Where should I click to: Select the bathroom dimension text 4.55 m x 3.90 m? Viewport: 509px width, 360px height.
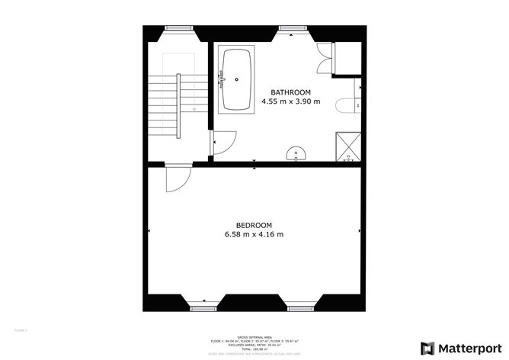pos(291,101)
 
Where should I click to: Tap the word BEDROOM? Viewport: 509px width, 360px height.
pos(254,225)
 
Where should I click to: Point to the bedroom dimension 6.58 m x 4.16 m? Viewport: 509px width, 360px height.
pos(254,234)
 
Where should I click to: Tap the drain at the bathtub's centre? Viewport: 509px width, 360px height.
pos(238,79)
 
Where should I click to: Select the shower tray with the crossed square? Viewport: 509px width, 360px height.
pos(347,148)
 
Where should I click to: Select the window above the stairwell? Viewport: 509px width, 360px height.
pos(179,28)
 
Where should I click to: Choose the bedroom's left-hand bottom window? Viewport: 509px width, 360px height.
pos(202,307)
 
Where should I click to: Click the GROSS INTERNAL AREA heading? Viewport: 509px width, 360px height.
pos(254,335)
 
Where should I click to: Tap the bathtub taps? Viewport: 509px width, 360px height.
pos(222,78)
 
